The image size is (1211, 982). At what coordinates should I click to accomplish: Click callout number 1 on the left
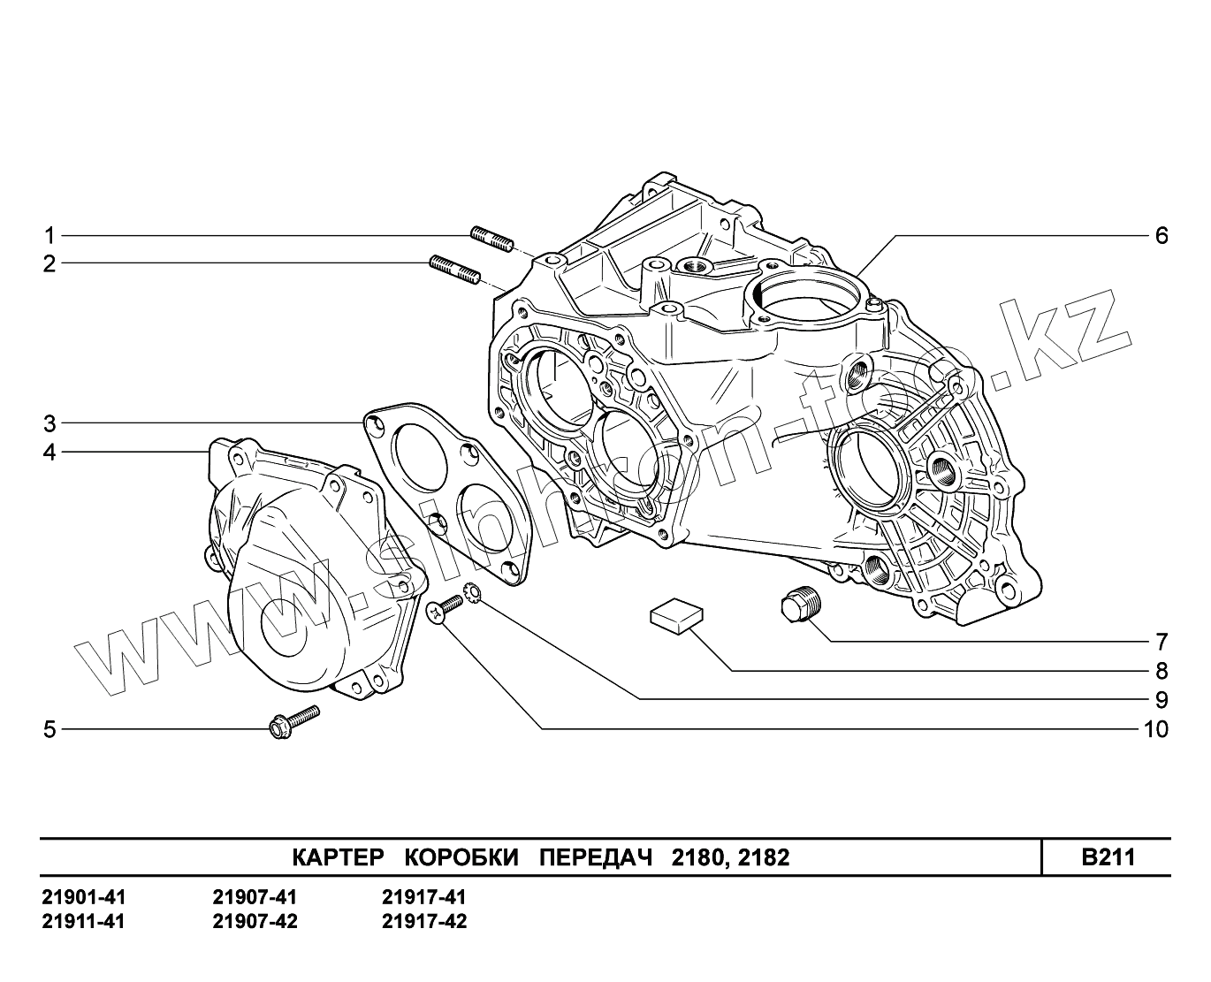tap(50, 236)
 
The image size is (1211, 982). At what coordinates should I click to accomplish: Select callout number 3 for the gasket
tap(50, 422)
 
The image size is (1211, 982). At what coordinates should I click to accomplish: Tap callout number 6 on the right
tap(1161, 236)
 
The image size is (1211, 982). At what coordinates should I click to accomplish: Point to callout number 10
tap(1155, 729)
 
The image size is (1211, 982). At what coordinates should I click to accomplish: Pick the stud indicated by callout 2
tap(454, 269)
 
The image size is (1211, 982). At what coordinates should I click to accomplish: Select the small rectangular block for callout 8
tap(677, 613)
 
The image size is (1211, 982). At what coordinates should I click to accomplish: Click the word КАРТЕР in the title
tap(338, 857)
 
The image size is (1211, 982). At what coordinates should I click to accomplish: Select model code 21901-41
tap(84, 897)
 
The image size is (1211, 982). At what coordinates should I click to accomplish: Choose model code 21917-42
tap(424, 921)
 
